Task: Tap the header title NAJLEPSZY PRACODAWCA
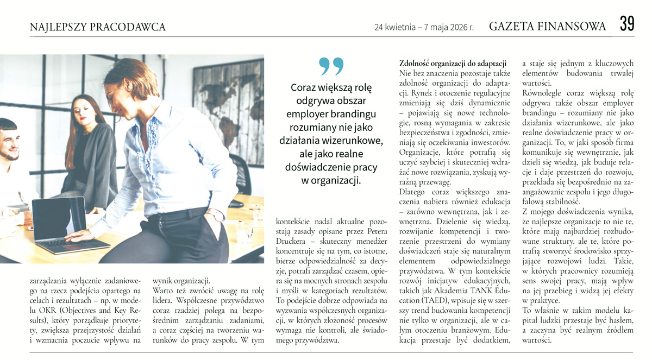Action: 98,27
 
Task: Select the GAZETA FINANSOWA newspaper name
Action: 548,26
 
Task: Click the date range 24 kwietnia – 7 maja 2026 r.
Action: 424,27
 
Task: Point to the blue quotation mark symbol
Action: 331,66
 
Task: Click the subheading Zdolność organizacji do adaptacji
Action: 453,63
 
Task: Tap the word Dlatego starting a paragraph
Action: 414,192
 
